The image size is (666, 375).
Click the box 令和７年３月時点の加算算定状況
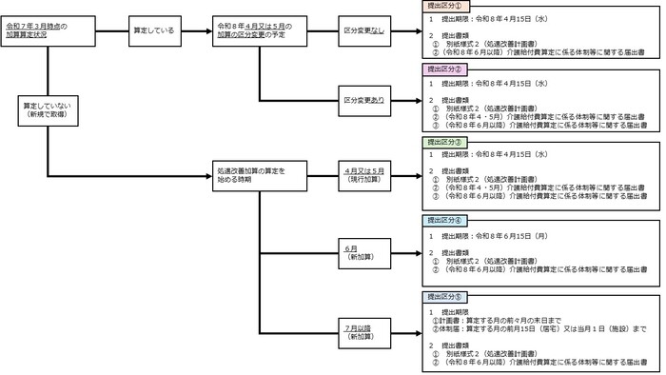pyautogui.click(x=49, y=31)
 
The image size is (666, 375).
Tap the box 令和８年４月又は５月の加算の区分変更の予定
pyautogui.click(x=255, y=31)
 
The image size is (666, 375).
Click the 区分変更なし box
pyautogui.click(x=364, y=31)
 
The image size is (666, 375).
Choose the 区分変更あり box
pyautogui.click(x=364, y=100)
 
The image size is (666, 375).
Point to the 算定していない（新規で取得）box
pyautogui.click(x=49, y=108)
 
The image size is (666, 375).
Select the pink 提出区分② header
pyautogui.click(x=444, y=69)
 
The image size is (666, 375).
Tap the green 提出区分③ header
pyautogui.click(x=444, y=141)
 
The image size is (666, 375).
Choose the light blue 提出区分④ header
pyautogui.click(x=444, y=220)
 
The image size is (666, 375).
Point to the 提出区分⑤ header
pyautogui.click(x=444, y=297)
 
